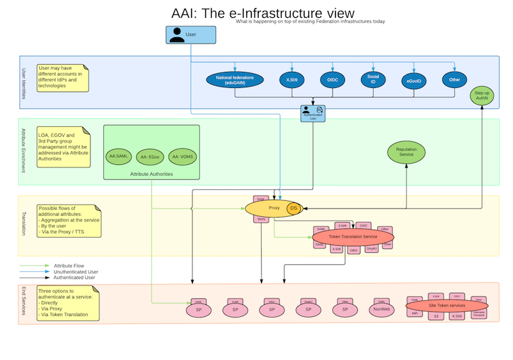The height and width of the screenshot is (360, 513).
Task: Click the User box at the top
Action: [190, 35]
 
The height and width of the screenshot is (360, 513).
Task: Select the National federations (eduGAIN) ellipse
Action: [235, 80]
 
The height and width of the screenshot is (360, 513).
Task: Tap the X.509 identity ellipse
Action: [292, 80]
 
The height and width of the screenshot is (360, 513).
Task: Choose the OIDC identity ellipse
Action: [333, 80]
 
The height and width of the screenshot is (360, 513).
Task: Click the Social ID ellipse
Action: [373, 80]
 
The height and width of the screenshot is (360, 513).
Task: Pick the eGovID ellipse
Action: [414, 81]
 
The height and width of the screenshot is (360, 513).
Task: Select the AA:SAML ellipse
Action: [120, 157]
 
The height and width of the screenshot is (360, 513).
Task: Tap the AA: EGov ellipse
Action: [152, 157]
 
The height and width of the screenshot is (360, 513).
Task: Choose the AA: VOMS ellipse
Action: [183, 157]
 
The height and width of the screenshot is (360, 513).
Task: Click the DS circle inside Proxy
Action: [294, 208]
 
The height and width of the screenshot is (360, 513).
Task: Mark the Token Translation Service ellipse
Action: [352, 237]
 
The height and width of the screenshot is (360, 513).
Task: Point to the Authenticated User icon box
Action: [313, 113]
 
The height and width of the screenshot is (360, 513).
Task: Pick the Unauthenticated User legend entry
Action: [76, 271]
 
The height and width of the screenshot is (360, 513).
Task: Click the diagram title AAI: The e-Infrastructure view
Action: [263, 13]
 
